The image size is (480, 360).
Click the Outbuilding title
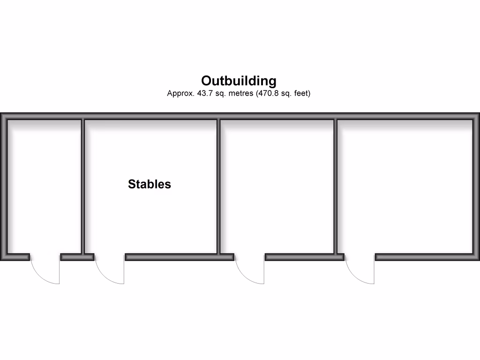239,81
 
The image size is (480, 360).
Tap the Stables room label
150,184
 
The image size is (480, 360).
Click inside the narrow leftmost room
45,187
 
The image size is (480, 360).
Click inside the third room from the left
277,187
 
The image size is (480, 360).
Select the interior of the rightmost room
405,187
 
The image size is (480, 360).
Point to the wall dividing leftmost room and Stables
83,187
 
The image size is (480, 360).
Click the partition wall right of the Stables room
218,187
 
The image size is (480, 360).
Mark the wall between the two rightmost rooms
336,187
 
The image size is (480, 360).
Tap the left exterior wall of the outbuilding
3,187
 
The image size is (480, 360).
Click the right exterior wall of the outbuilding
476,187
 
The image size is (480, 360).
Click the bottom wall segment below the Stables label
171,257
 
